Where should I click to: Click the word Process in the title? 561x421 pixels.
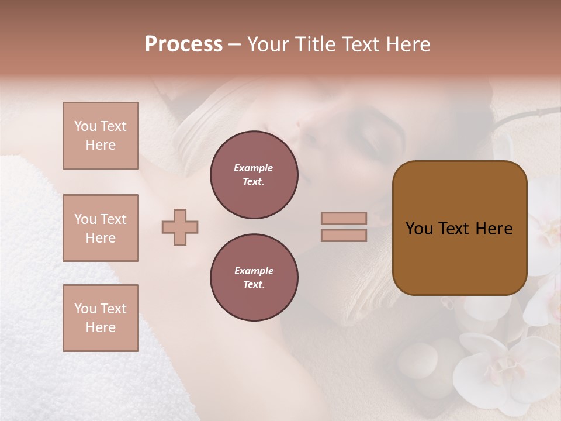pos(183,44)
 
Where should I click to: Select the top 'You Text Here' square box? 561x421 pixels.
pos(101,136)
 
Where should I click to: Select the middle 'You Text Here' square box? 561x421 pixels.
pos(101,228)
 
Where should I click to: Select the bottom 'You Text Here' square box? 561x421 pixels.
pos(101,318)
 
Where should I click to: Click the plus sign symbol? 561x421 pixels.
pos(180,227)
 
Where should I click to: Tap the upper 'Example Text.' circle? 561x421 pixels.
pos(254,175)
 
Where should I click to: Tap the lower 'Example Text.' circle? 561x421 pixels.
pos(254,278)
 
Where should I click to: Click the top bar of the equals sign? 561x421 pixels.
pos(344,218)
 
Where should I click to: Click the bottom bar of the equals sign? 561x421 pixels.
pos(344,235)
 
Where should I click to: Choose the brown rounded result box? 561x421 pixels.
pos(459,228)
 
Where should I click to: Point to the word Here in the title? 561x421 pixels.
pos(408,44)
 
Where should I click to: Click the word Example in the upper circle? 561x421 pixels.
pos(254,168)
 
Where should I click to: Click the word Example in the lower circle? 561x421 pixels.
pos(254,271)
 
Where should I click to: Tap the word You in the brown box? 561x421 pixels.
pos(419,229)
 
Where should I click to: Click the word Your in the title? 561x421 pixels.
pos(268,44)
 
